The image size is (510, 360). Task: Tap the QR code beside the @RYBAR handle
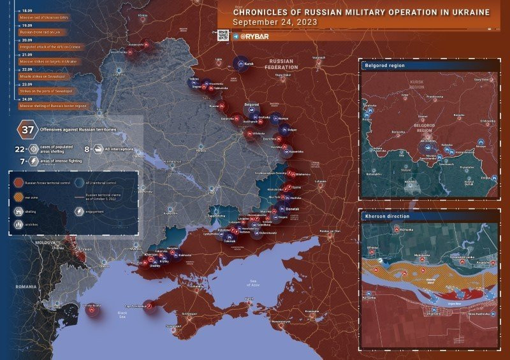point(222,36)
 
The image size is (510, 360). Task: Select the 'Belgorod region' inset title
point(385,65)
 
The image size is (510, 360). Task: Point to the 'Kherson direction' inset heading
point(387,217)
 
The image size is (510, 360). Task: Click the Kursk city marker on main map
point(242,63)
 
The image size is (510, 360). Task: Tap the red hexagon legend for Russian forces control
point(17,182)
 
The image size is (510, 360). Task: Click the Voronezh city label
point(319,57)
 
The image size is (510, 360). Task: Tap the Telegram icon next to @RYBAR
point(235,36)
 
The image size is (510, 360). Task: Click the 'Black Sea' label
point(122,313)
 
